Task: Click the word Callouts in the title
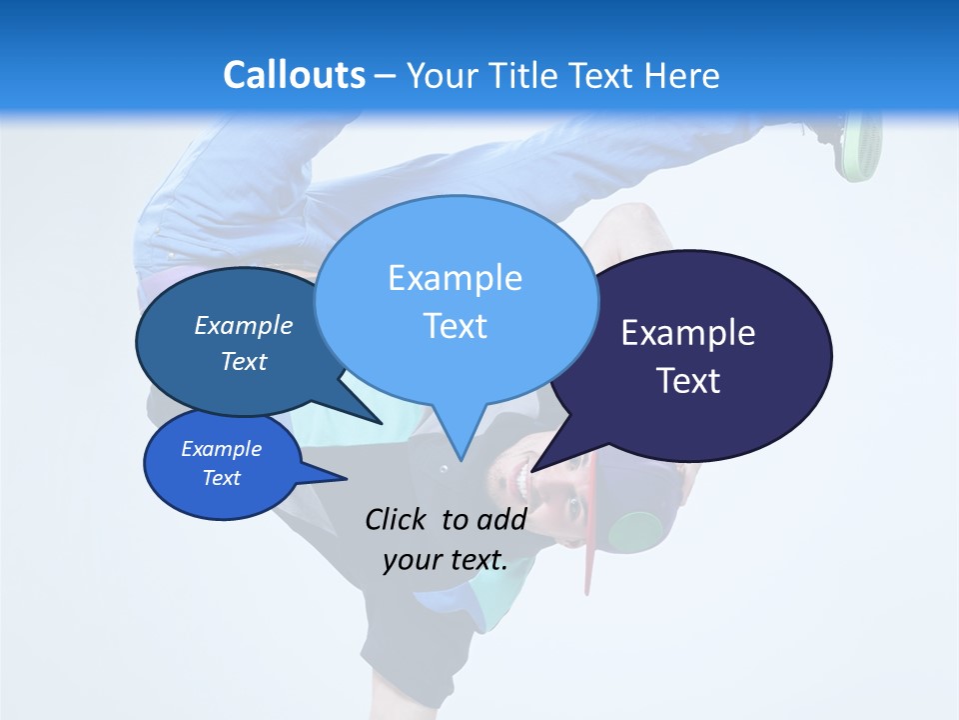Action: tap(294, 75)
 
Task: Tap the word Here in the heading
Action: tap(679, 75)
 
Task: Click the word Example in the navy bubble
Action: tap(688, 333)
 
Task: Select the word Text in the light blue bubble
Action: tap(455, 326)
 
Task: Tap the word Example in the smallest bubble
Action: tap(222, 449)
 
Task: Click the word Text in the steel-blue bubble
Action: tap(244, 362)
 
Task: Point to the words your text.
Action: tap(445, 560)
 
